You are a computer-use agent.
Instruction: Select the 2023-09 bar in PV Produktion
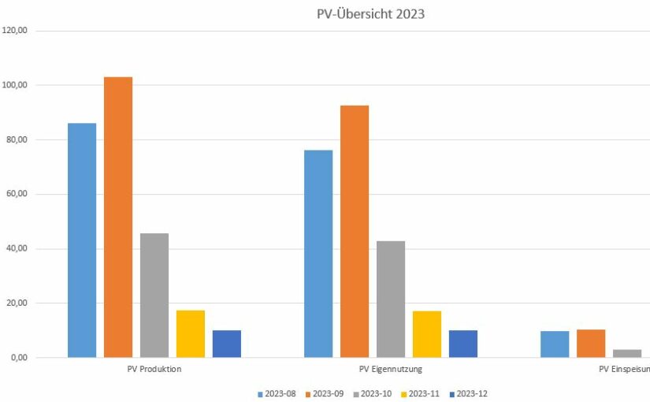pyautogui.click(x=118, y=217)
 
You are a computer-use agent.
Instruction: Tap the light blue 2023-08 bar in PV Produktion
pyautogui.click(x=82, y=240)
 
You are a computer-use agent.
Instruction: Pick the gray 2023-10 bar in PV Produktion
pyautogui.click(x=154, y=296)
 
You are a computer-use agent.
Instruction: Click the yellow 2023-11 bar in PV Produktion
pyautogui.click(x=191, y=334)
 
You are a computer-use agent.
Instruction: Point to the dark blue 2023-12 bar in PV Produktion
pyautogui.click(x=227, y=344)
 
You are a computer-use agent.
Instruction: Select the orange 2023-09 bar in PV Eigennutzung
pyautogui.click(x=355, y=231)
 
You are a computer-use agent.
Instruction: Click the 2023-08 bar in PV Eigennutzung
pyautogui.click(x=318, y=254)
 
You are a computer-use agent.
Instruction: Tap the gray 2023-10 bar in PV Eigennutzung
pyautogui.click(x=391, y=300)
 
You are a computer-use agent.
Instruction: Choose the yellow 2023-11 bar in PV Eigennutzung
pyautogui.click(x=427, y=334)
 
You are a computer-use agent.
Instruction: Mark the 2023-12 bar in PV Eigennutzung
pyautogui.click(x=463, y=344)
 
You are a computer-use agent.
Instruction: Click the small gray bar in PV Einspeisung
pyautogui.click(x=627, y=353)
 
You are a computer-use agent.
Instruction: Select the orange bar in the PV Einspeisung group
pyautogui.click(x=591, y=344)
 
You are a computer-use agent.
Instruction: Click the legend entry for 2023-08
pyautogui.click(x=277, y=393)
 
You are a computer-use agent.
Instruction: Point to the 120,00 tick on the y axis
pyautogui.click(x=16, y=31)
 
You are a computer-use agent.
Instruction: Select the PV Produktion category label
pyautogui.click(x=154, y=369)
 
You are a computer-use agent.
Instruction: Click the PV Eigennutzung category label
pyautogui.click(x=391, y=369)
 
